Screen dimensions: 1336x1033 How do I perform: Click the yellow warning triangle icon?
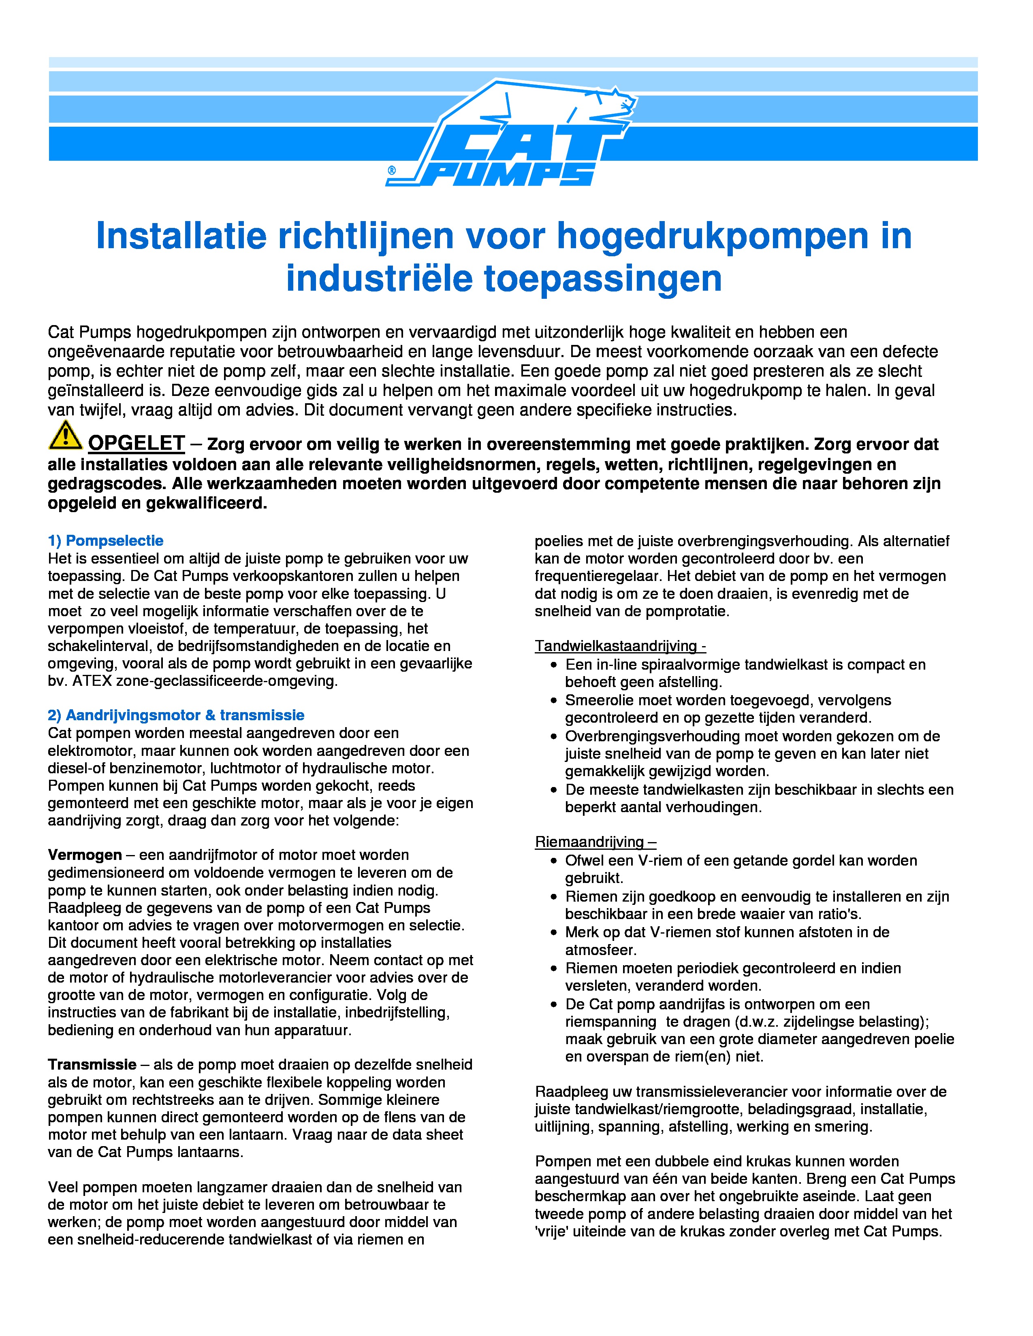[x=65, y=436]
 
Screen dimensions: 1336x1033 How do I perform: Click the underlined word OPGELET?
[x=137, y=443]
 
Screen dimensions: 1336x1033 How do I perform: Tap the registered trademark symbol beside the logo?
[x=392, y=170]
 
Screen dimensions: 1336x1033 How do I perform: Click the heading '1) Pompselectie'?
[x=105, y=541]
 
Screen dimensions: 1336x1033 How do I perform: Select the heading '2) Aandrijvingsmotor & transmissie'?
[x=176, y=715]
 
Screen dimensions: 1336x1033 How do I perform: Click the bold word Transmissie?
[x=92, y=1064]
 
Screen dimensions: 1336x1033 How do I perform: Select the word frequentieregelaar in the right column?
[x=598, y=576]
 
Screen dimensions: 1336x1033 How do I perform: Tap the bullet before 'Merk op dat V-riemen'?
[x=554, y=933]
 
